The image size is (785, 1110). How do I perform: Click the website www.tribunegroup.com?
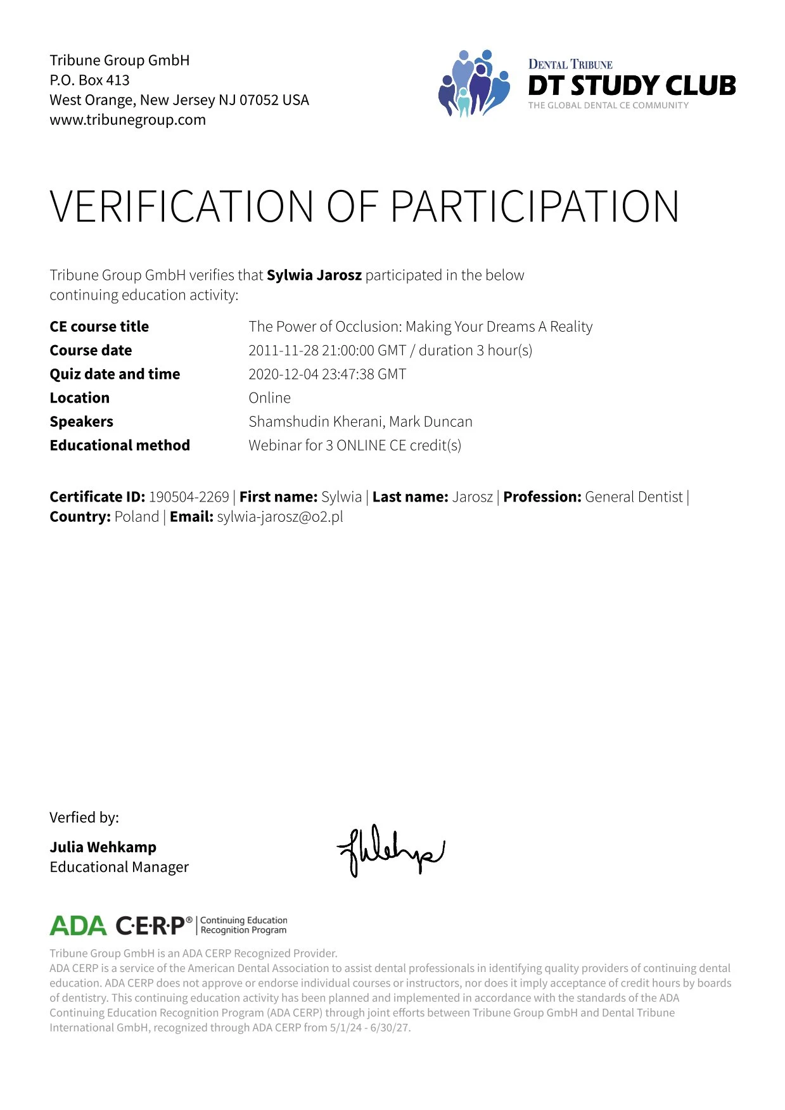127,120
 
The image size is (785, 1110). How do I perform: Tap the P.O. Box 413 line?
89,80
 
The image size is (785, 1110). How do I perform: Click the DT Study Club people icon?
474,84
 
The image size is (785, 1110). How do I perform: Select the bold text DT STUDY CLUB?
632,85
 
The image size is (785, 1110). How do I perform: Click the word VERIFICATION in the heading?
182,206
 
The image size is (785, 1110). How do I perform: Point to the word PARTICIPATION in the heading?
535,206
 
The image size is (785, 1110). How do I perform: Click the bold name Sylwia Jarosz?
314,275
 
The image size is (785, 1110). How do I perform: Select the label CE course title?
99,327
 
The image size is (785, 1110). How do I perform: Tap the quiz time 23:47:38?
348,374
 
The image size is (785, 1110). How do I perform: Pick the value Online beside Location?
269,398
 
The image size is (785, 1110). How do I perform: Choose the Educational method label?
120,446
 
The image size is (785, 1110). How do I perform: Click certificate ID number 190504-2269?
189,497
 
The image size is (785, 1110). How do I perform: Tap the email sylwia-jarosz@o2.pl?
280,517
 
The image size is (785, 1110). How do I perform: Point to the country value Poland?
136,517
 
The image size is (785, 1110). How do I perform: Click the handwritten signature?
390,850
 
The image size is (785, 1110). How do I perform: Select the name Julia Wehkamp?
103,847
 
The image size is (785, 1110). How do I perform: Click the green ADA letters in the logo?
78,926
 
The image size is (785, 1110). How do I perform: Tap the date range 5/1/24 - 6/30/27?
369,1028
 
